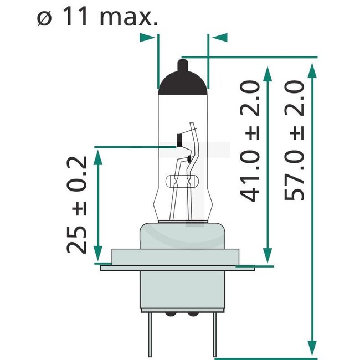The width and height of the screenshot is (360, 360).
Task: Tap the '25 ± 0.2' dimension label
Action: (77, 205)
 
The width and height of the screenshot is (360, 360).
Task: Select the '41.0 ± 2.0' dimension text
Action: (250, 141)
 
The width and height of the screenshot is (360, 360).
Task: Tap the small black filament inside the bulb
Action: (179, 141)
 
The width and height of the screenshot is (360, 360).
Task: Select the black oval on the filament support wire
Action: (189, 160)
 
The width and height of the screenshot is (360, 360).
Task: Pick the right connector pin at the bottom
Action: (214, 335)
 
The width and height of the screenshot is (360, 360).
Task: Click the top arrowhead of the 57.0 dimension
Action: (313, 69)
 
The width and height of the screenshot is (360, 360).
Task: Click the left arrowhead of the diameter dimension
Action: (148, 38)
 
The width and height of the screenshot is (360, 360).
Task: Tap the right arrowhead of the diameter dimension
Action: (219, 38)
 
